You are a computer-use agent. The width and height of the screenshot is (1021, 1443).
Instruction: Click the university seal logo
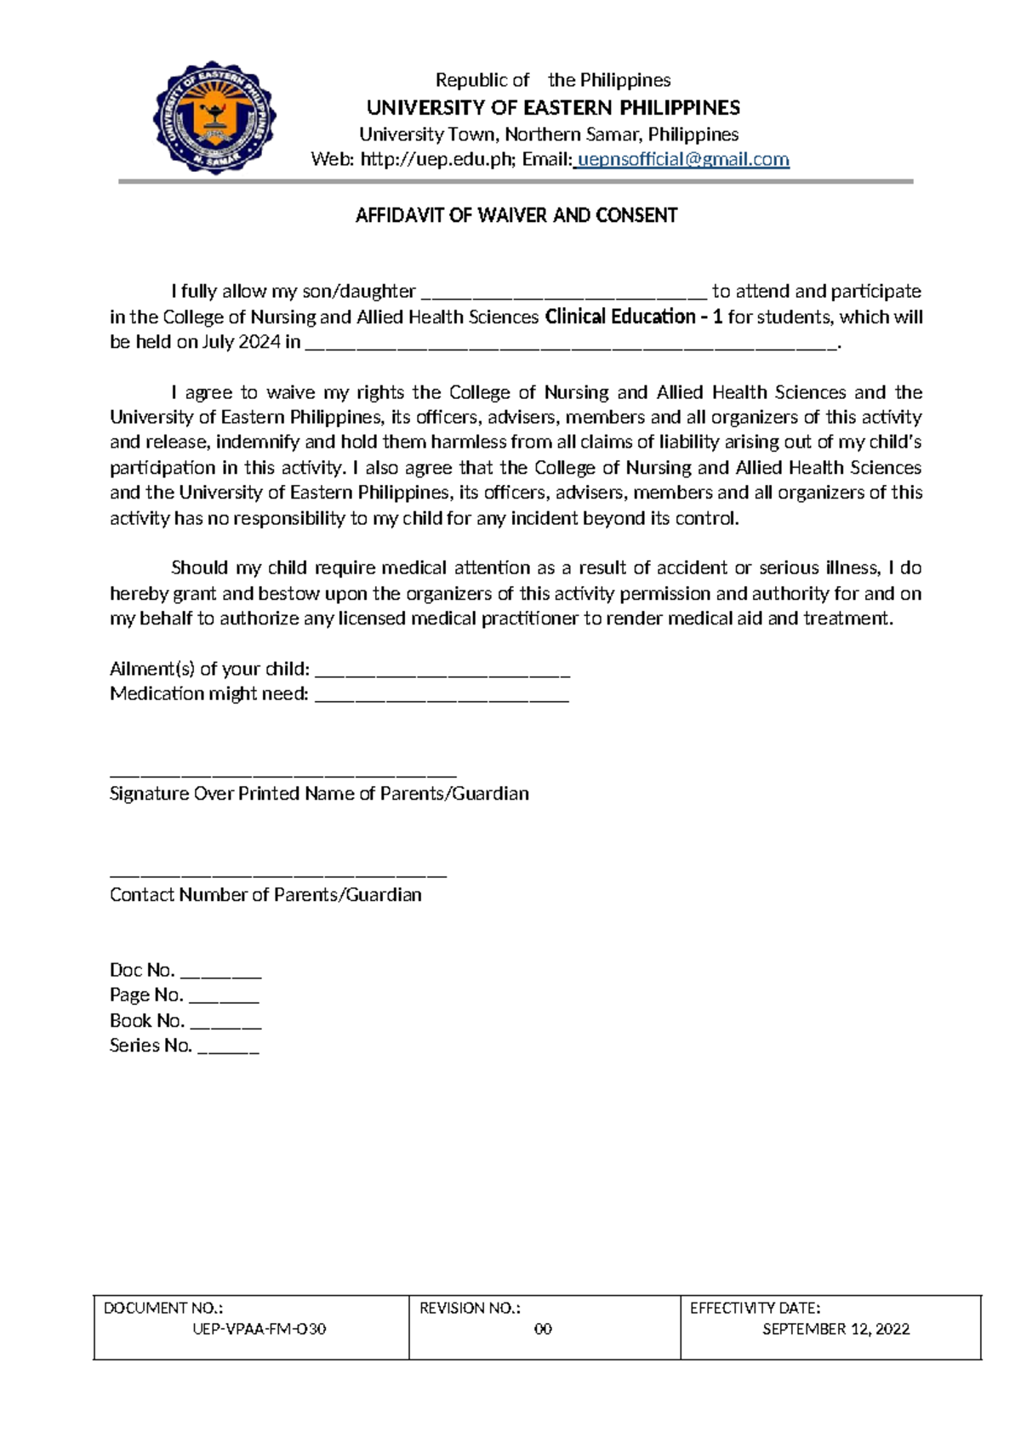[214, 117]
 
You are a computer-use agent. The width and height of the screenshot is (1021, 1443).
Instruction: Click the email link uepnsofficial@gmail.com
[683, 160]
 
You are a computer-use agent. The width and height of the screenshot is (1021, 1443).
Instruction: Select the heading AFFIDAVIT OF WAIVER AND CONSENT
[516, 215]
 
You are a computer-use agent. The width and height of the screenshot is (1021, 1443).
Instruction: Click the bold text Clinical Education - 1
[633, 317]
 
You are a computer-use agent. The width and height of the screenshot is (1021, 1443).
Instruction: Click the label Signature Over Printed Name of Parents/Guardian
[319, 794]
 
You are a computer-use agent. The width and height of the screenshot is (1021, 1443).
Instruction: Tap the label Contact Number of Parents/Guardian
[265, 895]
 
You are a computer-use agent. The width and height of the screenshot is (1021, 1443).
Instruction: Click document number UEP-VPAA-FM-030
[260, 1329]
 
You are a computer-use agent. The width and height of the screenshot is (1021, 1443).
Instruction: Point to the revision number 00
[543, 1329]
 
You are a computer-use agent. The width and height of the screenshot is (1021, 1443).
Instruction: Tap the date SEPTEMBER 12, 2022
[836, 1329]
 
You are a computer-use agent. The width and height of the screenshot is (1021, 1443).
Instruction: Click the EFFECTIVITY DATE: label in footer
[755, 1309]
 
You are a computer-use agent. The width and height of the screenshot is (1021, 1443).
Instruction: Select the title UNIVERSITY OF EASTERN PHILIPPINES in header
[553, 108]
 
